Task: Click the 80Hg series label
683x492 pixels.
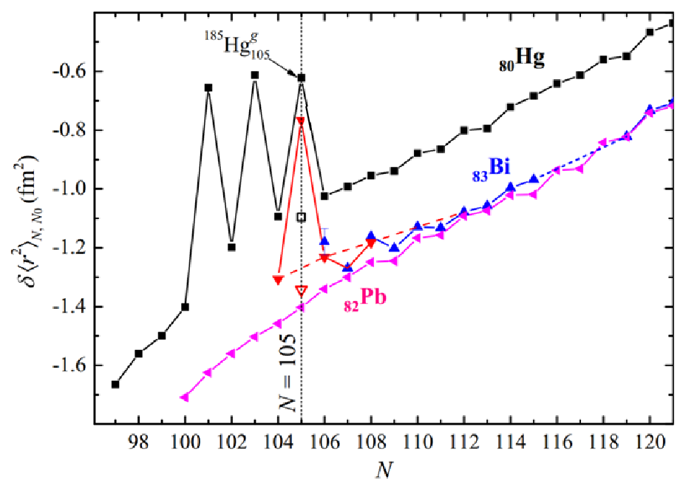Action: coord(520,61)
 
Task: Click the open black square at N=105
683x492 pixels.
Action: coord(301,217)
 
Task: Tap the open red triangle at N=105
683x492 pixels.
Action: coord(301,290)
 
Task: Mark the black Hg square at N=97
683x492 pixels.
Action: coord(115,384)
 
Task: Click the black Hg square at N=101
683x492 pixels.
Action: coord(208,87)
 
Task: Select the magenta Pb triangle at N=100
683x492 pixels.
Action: coord(185,397)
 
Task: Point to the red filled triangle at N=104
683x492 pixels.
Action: coord(278,280)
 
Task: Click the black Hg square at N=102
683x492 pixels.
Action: coord(231,247)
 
